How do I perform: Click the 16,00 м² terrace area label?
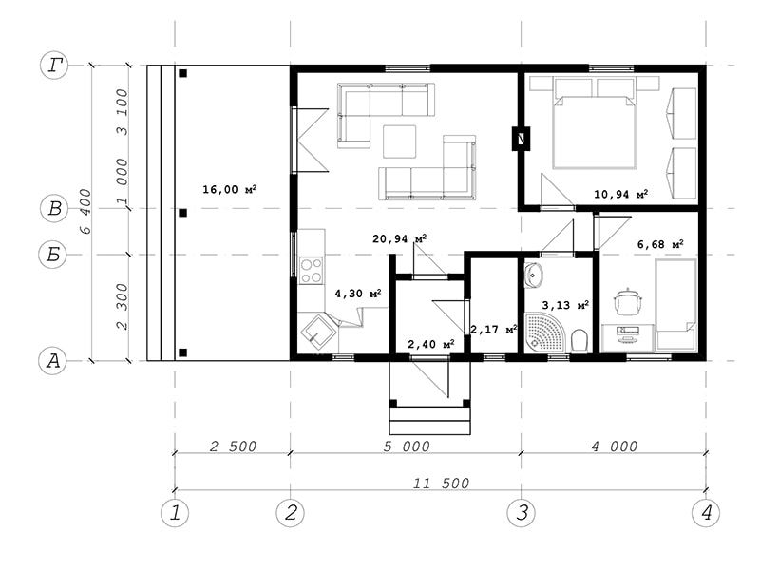coord(229,189)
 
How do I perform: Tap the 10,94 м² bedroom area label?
coord(621,195)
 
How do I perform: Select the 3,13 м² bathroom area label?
coord(565,305)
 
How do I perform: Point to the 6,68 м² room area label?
coord(660,244)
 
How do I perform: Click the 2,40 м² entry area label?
coord(431,344)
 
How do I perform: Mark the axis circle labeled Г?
coord(54,65)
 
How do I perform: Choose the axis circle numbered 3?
coord(522,512)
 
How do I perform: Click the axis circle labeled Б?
coord(53,254)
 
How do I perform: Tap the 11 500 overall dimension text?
coord(441,483)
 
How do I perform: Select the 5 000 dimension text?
coord(407,446)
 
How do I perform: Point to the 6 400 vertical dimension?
coord(85,211)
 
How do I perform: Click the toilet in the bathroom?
coord(579,340)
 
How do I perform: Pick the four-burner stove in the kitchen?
coord(312,271)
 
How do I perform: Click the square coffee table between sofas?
coord(399,142)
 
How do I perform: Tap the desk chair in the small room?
coord(628,302)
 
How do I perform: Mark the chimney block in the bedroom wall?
coord(521,139)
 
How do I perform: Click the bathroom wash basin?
coord(534,275)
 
